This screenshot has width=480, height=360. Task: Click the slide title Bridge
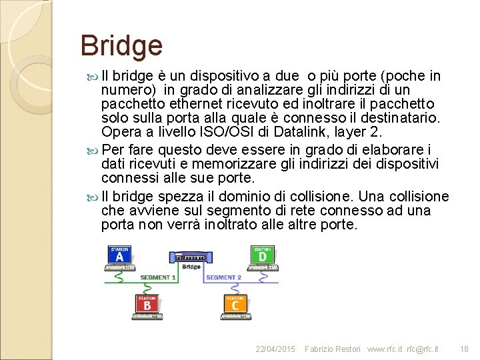(121, 46)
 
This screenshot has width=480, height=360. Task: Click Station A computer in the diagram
(120, 257)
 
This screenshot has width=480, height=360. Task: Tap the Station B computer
(147, 307)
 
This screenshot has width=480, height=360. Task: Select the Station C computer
(235, 307)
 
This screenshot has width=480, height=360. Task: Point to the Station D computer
(263, 257)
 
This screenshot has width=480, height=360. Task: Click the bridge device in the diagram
(191, 258)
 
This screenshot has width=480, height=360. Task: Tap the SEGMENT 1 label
(157, 277)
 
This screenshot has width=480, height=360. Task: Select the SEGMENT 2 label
(223, 277)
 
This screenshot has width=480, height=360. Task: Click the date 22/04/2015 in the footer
(275, 349)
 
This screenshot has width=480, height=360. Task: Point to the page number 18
(465, 349)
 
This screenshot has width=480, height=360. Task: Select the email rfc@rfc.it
(423, 349)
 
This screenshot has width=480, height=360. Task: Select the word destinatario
(399, 117)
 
